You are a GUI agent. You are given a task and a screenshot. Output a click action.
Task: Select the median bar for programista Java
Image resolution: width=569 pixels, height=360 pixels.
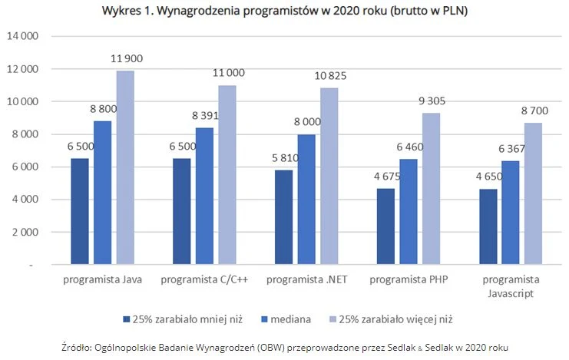click(x=103, y=193)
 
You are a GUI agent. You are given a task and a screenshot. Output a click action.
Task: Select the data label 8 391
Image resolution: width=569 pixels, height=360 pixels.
click(x=203, y=116)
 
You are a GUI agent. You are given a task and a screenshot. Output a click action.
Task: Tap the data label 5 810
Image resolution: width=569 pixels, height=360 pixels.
click(x=281, y=158)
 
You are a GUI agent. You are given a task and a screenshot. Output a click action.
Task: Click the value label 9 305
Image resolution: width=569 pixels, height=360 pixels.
click(x=431, y=101)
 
